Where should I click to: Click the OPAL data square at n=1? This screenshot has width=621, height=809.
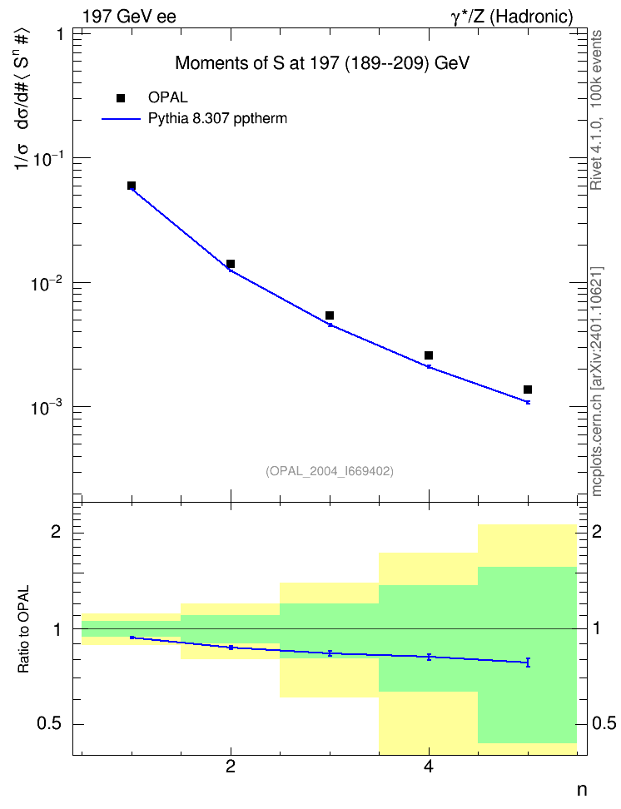point(132,186)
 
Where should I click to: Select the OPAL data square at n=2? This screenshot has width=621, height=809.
point(231,264)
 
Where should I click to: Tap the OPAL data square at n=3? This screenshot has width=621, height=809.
point(330,315)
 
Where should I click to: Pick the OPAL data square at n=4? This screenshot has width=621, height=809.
point(429,355)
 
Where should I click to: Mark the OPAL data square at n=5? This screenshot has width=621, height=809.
point(528,390)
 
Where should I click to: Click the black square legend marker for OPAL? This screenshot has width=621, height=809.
point(121,98)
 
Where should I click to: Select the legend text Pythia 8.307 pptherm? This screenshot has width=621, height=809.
point(217,119)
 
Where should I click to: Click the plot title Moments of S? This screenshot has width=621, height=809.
point(322,63)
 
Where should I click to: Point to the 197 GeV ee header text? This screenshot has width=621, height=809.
point(129,17)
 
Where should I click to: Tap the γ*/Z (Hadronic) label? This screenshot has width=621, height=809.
point(512,17)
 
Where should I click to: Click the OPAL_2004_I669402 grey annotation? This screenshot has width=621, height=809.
point(330,471)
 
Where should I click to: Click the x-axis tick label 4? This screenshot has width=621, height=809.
point(429,767)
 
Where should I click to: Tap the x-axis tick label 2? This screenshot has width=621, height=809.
point(231,767)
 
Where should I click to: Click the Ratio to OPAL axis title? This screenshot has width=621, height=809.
point(23,629)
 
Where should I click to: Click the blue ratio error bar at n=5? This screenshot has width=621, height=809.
point(528,663)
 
